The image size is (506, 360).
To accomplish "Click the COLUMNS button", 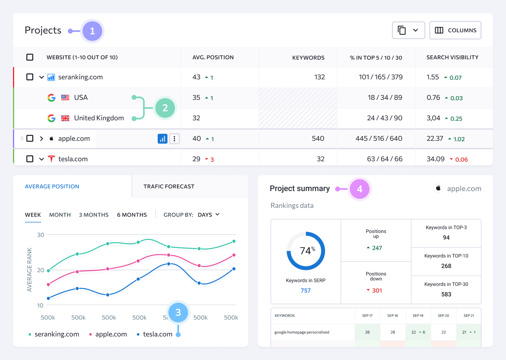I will (x=455, y=30).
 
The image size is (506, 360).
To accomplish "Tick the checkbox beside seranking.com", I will (x=30, y=77).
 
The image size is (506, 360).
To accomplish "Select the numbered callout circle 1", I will (x=92, y=31).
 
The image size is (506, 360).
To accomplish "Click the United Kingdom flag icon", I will (x=65, y=118).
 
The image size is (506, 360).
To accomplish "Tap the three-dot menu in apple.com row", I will (x=175, y=139).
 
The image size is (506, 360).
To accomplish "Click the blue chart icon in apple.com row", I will (x=163, y=139).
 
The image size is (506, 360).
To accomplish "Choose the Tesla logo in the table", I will (x=51, y=159).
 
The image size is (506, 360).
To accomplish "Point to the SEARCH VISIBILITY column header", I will (x=452, y=58).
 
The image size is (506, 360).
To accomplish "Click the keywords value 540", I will (x=318, y=139).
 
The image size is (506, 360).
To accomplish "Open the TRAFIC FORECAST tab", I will (x=169, y=187).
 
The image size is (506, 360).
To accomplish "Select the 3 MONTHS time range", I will (x=94, y=215).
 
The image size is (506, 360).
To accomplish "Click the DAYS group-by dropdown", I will (x=208, y=215).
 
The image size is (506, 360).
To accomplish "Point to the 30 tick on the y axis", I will (x=40, y=235).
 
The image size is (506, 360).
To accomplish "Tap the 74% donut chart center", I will (x=306, y=251).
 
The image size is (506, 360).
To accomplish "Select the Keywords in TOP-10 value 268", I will (x=446, y=266).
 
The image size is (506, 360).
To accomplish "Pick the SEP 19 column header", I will (x=418, y=316).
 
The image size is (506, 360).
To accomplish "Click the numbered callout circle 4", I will (x=360, y=189).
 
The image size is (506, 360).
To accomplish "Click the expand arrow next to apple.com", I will (x=41, y=139).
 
